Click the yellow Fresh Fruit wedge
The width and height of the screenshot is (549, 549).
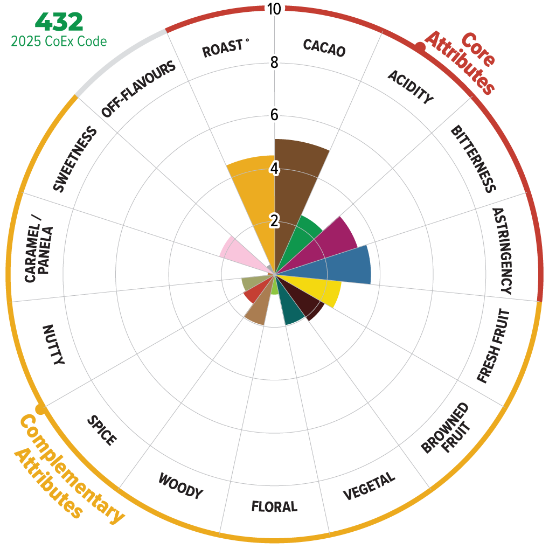(318, 288)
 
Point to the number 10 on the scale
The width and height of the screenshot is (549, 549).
(275, 9)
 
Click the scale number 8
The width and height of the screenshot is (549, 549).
(275, 62)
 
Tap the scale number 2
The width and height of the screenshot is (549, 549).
(275, 221)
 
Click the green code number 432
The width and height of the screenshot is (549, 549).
(59, 22)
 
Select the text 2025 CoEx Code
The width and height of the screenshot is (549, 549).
(59, 41)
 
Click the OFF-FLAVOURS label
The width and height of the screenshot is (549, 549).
(138, 89)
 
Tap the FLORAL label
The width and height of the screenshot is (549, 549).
(274, 506)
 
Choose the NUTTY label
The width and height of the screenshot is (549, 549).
(53, 345)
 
